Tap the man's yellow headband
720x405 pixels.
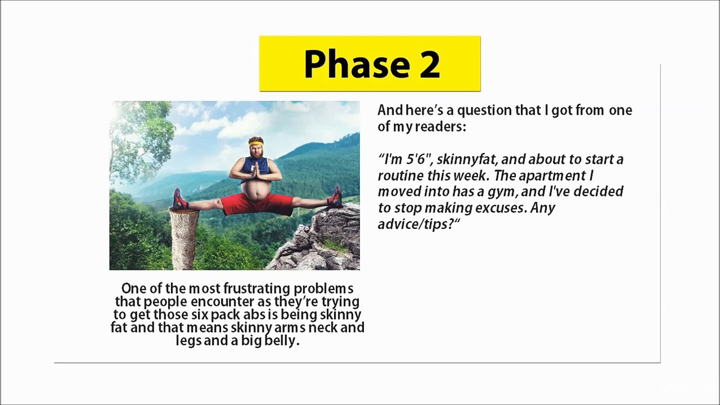[x=256, y=143]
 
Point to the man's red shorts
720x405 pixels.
[x=257, y=204]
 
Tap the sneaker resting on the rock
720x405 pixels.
[x=335, y=197]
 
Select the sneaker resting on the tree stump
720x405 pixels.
[x=179, y=200]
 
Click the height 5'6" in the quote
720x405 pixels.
[x=415, y=159]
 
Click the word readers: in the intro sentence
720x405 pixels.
[x=440, y=127]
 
